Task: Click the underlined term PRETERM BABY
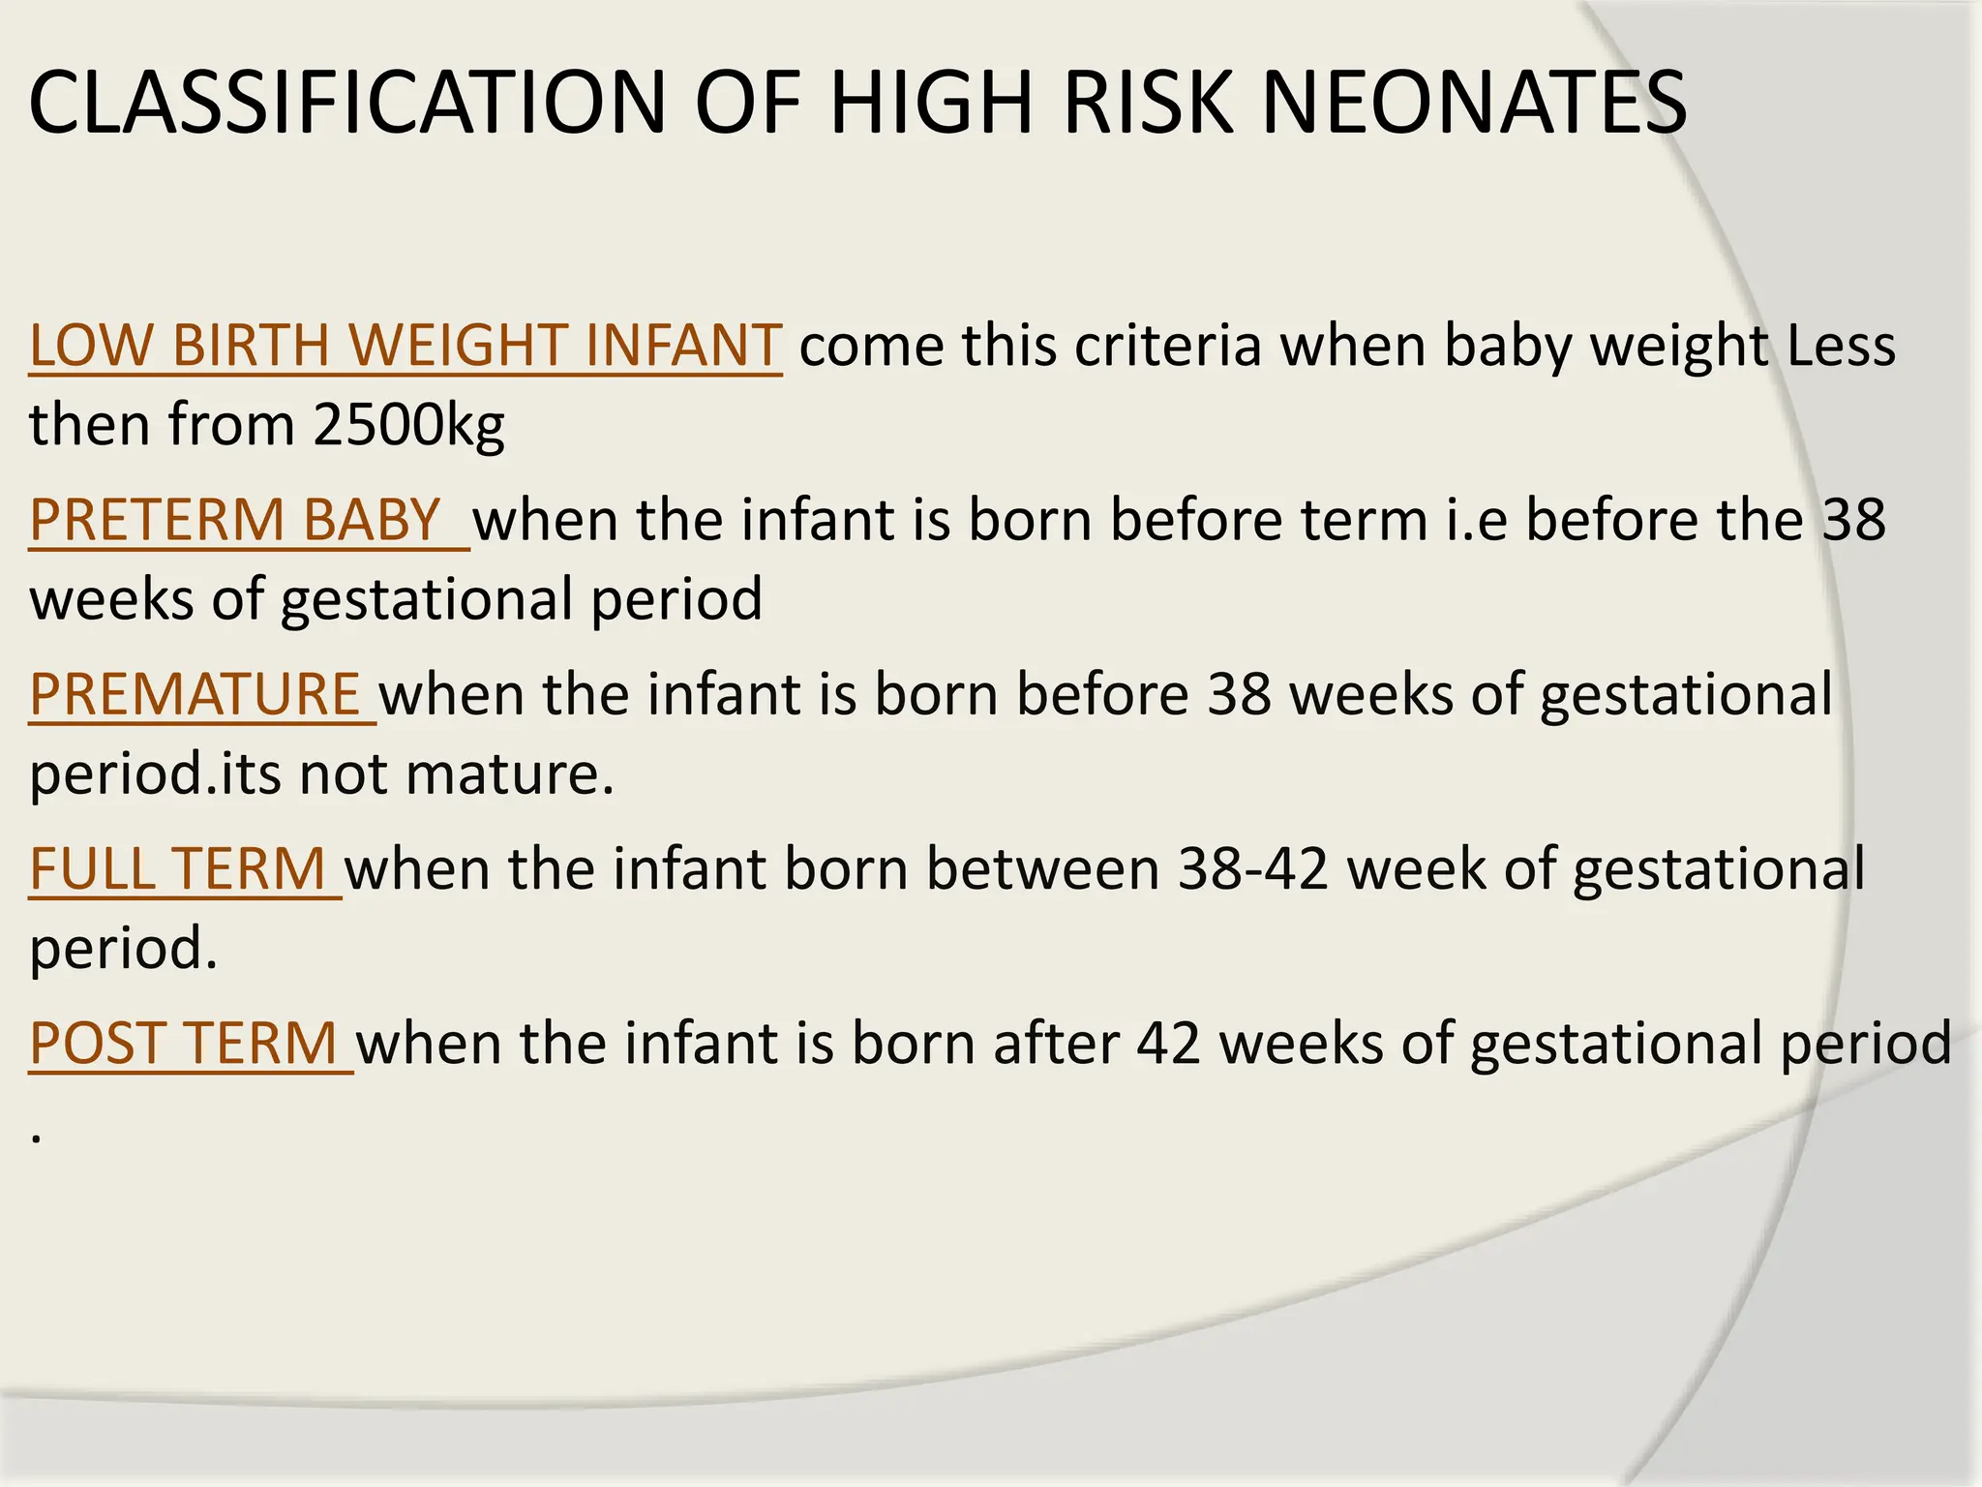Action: click(x=235, y=520)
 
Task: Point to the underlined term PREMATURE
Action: click(x=195, y=694)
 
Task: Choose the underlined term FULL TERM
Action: click(x=177, y=868)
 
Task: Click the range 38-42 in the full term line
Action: click(x=1252, y=868)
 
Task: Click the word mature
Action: click(x=509, y=774)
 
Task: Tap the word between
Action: click(x=1042, y=868)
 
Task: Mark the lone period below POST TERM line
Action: click(x=36, y=1138)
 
